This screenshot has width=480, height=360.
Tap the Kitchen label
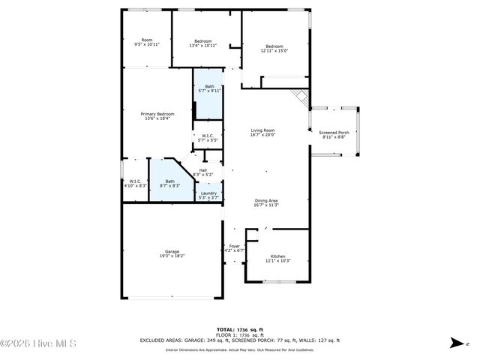coord(277,258)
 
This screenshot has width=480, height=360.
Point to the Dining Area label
coord(266,202)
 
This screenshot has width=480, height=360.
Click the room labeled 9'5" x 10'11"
coord(147,42)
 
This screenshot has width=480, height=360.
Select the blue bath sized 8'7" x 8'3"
coord(170,183)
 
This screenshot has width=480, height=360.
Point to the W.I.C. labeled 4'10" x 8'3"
coord(135,183)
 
